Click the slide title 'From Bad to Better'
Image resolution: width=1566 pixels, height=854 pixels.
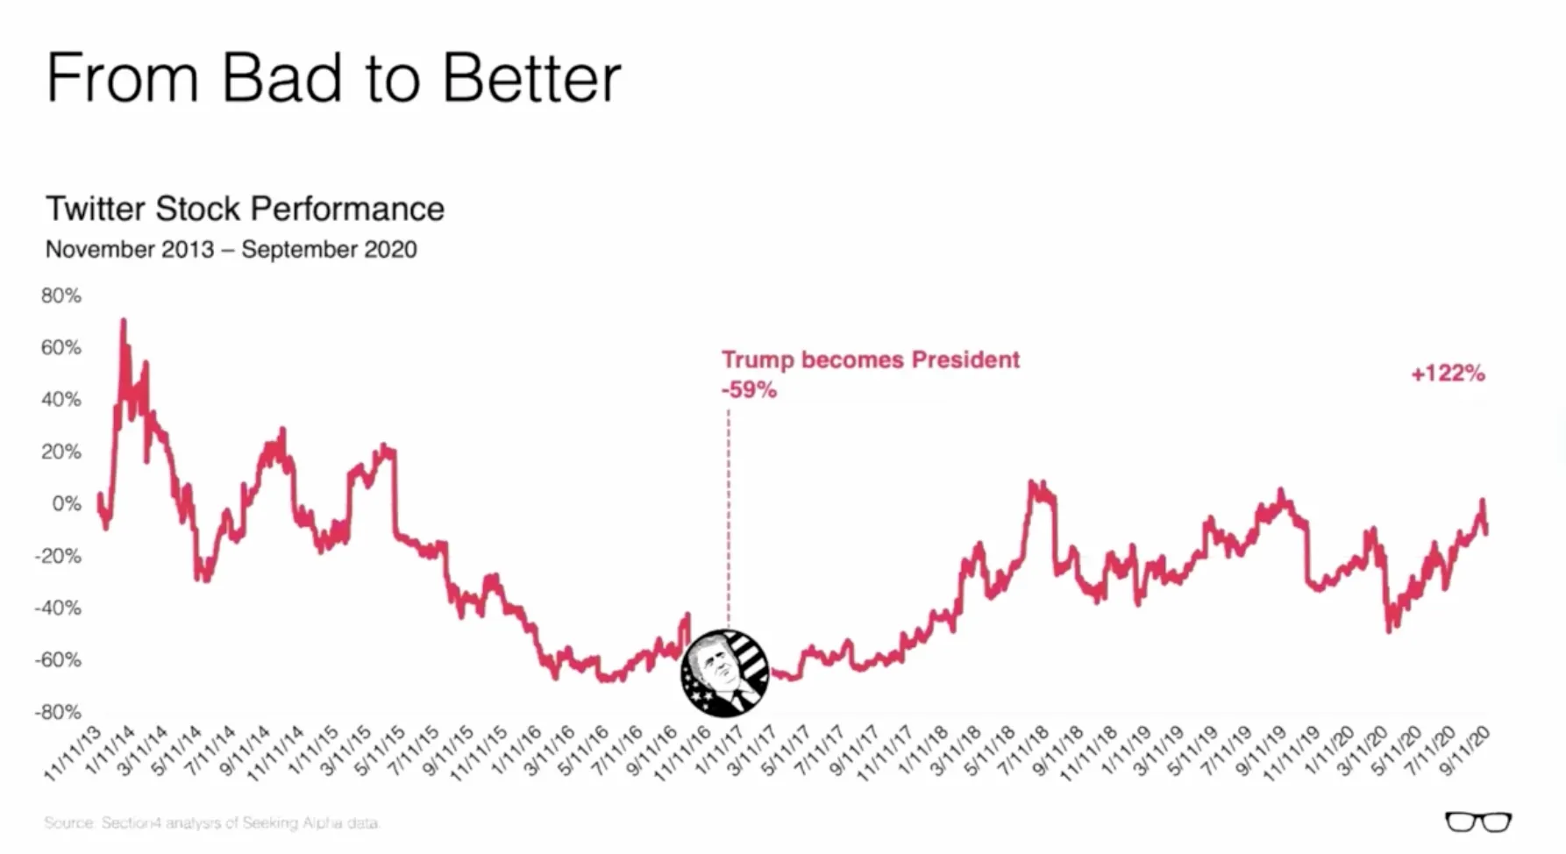point(333,79)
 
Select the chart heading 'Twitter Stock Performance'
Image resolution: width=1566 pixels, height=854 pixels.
point(245,209)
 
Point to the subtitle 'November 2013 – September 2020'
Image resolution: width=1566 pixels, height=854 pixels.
point(231,250)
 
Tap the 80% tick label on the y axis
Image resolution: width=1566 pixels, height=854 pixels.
point(61,296)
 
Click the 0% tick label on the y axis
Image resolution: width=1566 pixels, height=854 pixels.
point(67,504)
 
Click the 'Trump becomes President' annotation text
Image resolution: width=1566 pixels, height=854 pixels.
point(870,360)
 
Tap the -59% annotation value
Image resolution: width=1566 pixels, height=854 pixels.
point(749,390)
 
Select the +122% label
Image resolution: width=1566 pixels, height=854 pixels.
point(1448,374)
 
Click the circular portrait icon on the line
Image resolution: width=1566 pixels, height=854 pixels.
point(725,673)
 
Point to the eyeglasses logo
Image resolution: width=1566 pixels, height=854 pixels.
point(1478,822)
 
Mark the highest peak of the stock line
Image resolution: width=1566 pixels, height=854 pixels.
point(124,322)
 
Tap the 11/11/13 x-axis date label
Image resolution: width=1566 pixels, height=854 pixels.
point(74,753)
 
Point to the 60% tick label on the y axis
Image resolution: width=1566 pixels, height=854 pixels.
point(61,348)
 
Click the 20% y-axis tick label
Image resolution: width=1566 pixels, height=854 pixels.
point(61,452)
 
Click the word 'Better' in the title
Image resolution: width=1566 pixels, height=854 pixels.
point(531,79)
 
